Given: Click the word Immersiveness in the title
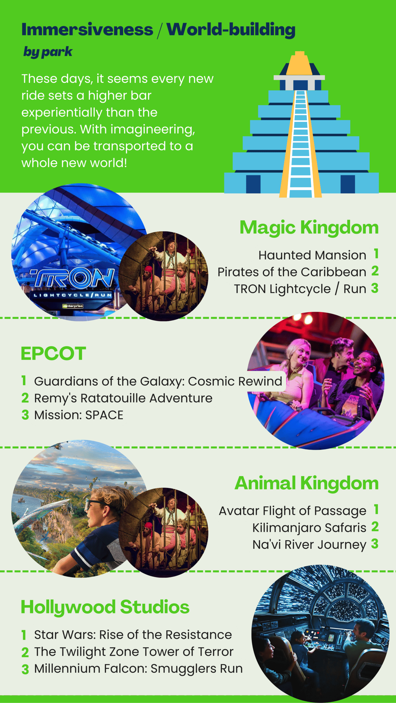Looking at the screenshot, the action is click(x=87, y=30).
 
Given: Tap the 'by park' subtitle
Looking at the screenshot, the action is click(x=48, y=52).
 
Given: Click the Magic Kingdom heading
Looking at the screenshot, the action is click(x=309, y=228).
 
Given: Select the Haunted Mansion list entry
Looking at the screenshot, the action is click(x=312, y=255).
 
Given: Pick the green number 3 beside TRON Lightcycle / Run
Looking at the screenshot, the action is click(x=375, y=288).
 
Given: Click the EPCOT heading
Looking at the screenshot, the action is click(x=53, y=353).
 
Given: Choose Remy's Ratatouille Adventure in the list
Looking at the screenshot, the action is click(x=123, y=398).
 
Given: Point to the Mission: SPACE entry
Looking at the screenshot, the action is click(x=79, y=415).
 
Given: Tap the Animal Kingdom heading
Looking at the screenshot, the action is click(x=307, y=484).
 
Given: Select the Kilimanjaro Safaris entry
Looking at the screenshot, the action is click(x=309, y=528).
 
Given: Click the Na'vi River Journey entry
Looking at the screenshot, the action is click(x=309, y=545).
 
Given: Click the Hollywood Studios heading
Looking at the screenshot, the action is click(x=105, y=607).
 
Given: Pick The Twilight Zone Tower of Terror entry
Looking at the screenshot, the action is click(x=134, y=652).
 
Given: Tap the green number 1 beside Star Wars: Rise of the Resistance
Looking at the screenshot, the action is click(x=24, y=635).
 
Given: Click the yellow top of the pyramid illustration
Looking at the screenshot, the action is click(x=300, y=63).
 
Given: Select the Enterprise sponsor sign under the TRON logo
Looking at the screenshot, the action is click(x=73, y=306).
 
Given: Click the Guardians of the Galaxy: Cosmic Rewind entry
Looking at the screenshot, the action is click(x=158, y=381).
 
